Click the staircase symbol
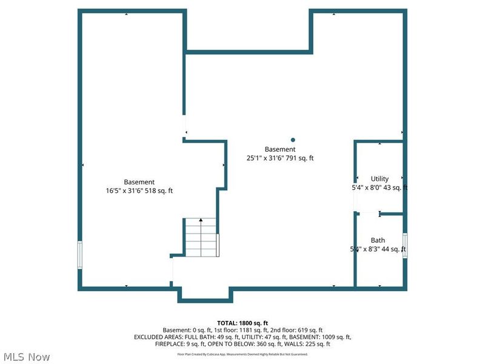pos(201,237)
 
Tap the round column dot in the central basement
pos(293,139)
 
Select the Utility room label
pos(380,179)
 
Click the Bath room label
pos(378,240)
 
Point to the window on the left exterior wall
pos(79,255)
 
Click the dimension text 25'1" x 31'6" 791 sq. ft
pos(280,158)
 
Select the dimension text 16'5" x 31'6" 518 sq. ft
pos(139,190)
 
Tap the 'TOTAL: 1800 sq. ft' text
pos(242,323)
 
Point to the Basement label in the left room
pos(139,182)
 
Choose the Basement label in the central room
pos(280,149)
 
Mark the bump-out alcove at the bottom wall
pos(204,293)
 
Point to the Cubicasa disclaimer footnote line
pos(242,354)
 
